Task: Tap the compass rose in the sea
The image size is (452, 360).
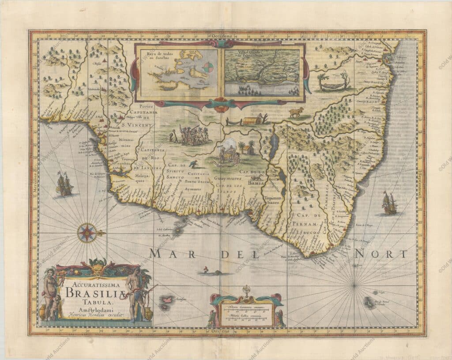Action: tap(87, 233)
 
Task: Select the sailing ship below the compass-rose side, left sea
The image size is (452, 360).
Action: tap(64, 184)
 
